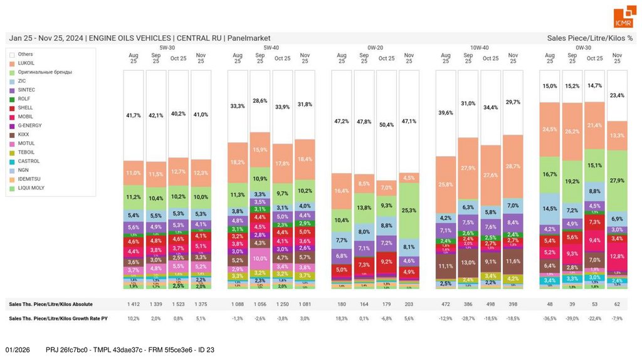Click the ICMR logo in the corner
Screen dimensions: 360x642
tap(623, 18)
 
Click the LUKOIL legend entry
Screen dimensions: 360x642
tap(26, 63)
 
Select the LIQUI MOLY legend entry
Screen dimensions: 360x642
tap(29, 188)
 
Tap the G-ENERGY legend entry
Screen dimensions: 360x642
tap(29, 125)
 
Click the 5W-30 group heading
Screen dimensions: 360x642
tap(167, 47)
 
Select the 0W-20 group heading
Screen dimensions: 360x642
tap(375, 47)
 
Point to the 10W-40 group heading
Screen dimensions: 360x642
tap(479, 47)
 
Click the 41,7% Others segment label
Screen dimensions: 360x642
tap(134, 116)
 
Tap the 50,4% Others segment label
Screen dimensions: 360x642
tap(386, 124)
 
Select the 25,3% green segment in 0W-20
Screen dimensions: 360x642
tap(409, 210)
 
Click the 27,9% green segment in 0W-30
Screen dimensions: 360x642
tap(617, 180)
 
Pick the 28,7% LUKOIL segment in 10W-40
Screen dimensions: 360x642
tap(513, 166)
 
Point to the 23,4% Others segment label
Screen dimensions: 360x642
tap(617, 95)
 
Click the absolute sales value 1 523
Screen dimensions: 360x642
tap(178, 304)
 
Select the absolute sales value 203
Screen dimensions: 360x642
tap(409, 304)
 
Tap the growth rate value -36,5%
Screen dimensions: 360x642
tap(550, 319)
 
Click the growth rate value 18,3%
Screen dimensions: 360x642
tap(341, 319)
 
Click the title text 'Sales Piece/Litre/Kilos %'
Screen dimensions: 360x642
tap(589, 38)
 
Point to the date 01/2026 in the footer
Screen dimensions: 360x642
tap(18, 349)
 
